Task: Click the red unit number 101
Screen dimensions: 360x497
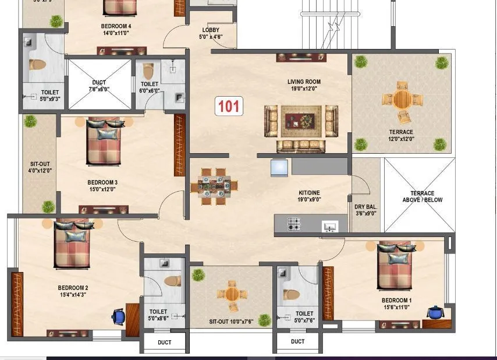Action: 229,107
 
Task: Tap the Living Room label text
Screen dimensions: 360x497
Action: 304,85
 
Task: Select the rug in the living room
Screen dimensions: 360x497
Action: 301,121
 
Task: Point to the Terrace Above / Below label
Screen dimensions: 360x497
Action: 422,196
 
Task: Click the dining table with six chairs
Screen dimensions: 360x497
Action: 214,186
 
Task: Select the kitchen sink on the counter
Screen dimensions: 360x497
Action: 329,225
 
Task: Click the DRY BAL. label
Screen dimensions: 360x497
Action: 365,210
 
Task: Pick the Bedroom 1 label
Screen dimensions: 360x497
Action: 397,303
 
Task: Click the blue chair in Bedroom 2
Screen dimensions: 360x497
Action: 118,316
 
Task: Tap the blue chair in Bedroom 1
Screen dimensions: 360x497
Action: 434,312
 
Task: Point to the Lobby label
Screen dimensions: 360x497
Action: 211,34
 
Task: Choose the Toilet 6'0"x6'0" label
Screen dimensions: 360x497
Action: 150,87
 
